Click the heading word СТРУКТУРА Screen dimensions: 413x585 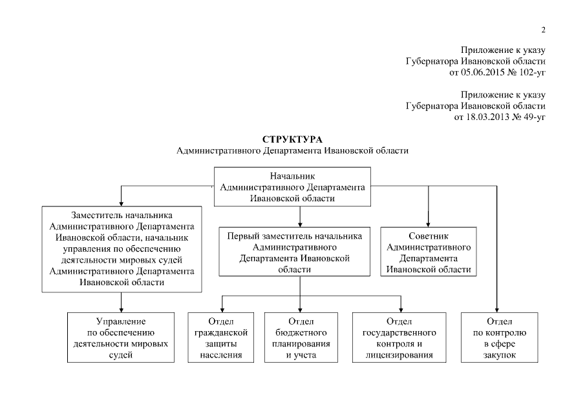click(292, 139)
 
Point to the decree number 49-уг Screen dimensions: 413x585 click(531, 117)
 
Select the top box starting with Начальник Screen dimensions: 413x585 click(292, 187)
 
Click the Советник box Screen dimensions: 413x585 click(429, 252)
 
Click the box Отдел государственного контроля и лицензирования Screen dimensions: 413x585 click(399, 337)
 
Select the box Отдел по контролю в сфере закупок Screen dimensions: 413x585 click(498, 337)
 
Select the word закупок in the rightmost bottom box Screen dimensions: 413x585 click(498, 355)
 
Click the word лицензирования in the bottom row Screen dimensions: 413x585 click(399, 355)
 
